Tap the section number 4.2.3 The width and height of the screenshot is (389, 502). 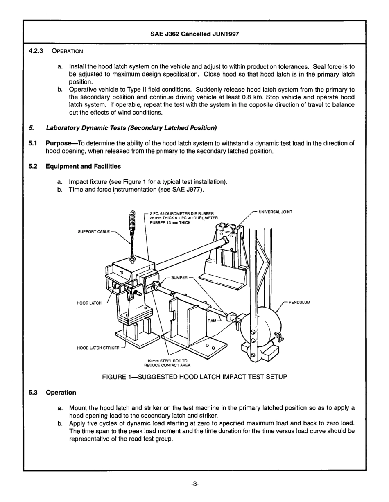(36, 51)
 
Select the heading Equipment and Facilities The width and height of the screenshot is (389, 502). (83, 166)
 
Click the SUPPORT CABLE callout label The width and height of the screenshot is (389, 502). (94, 232)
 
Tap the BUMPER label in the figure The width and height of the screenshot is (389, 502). (179, 278)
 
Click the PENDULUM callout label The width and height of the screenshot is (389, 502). (299, 303)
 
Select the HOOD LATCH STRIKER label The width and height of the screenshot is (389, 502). (98, 348)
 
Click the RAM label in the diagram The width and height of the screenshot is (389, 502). (212, 321)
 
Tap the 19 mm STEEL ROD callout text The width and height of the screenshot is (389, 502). (167, 363)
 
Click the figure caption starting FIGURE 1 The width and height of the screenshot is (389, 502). (194, 377)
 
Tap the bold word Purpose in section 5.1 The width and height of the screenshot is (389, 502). (60, 143)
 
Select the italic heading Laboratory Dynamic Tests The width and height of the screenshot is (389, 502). (131, 128)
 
